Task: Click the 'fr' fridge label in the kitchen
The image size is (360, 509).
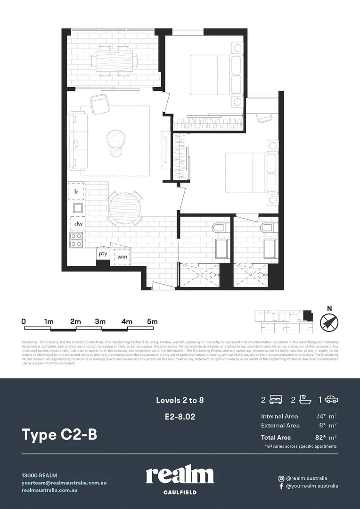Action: point(76,192)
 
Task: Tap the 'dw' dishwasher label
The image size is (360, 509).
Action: point(78,224)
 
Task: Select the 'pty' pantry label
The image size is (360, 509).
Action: point(103,254)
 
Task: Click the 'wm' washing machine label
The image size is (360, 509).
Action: point(122,256)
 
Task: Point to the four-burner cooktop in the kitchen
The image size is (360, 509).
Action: point(77,240)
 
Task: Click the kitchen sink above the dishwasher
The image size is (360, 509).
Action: point(77,208)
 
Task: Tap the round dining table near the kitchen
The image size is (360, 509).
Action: point(125,208)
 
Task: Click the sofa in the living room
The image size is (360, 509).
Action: point(77,141)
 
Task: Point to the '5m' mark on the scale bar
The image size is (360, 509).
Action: point(152,321)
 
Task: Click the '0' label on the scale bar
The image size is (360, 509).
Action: point(24,321)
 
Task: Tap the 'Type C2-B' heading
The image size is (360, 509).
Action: point(59,435)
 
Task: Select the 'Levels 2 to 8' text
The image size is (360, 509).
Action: point(180,401)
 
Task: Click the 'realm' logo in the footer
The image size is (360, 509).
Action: point(180,476)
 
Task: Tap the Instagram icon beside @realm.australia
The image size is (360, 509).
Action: point(281,478)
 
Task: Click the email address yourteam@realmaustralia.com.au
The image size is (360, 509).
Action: point(64,483)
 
